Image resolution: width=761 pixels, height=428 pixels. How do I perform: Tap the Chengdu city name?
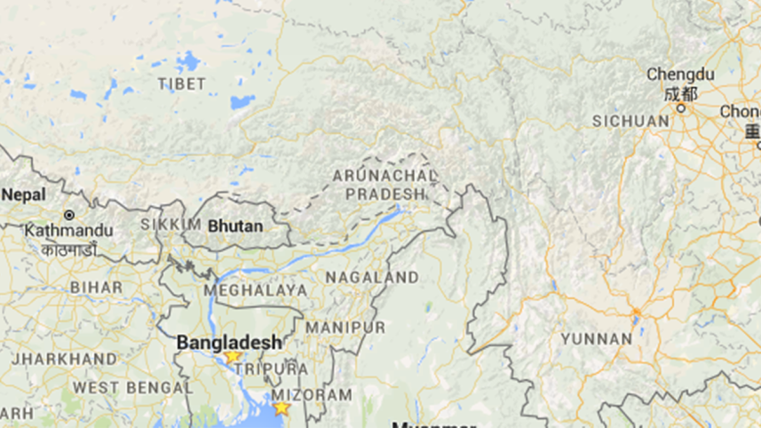(x=679, y=75)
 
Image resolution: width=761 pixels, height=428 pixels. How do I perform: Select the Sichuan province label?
(x=631, y=121)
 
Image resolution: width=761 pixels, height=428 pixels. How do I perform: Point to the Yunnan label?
(x=596, y=338)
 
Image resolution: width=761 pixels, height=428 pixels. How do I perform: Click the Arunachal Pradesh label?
(x=385, y=185)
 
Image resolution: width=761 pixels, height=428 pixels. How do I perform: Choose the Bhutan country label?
(x=235, y=226)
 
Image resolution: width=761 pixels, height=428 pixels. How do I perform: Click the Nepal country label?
(x=23, y=194)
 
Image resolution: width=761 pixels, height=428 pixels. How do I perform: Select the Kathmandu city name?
(x=68, y=231)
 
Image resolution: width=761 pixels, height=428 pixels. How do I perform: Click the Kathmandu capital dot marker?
(x=69, y=215)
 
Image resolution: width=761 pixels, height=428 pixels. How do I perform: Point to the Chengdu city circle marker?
(x=681, y=107)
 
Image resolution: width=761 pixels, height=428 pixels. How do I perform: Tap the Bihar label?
(x=96, y=288)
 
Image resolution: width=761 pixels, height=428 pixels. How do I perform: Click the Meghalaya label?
(x=256, y=290)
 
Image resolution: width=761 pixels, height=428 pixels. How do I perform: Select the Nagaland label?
(x=372, y=278)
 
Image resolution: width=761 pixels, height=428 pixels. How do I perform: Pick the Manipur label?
(x=345, y=328)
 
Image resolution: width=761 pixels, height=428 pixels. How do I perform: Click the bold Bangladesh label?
(x=229, y=342)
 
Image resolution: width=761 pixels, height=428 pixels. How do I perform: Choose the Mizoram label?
(x=312, y=394)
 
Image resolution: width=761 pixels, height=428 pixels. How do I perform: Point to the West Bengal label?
(x=121, y=387)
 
